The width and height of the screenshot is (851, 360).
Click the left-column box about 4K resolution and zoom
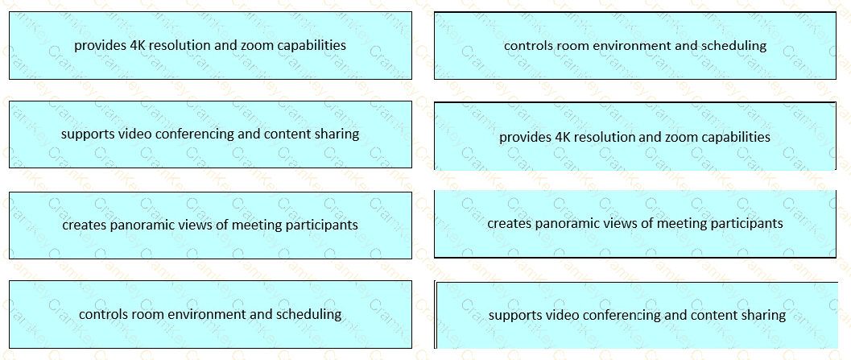[210, 45]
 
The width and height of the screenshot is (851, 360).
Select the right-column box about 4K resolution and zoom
[634, 137]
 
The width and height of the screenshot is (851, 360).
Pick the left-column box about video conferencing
[210, 134]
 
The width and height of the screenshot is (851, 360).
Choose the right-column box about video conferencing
[636, 315]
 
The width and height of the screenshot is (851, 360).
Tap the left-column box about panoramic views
[210, 225]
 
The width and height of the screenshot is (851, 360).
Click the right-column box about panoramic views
[634, 223]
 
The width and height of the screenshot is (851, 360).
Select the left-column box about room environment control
[210, 314]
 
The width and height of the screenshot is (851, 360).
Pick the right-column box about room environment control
[634, 45]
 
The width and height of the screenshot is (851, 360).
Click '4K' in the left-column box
[138, 45]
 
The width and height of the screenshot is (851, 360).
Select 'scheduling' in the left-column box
[309, 314]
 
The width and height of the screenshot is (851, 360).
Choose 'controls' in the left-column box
[103, 314]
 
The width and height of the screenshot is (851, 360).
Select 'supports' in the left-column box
[87, 134]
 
